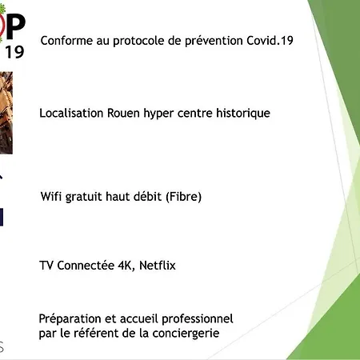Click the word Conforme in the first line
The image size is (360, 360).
tap(62, 41)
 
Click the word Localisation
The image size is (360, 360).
tap(71, 113)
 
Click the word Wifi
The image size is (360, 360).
tap(50, 197)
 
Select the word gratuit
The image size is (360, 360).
tap(86, 197)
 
